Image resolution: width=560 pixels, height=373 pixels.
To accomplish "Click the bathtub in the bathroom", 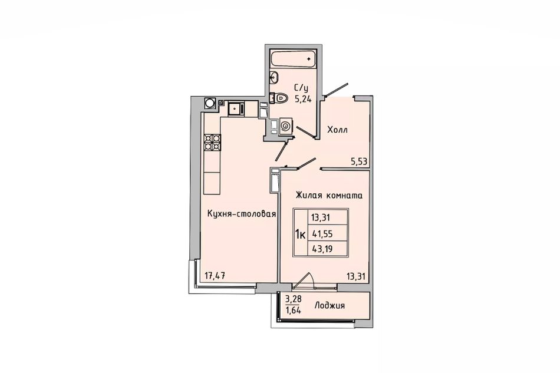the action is coord(293,59).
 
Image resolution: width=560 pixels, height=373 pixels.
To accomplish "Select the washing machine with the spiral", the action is coord(285,126).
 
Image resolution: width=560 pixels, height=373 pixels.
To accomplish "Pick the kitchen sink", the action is coord(236,108).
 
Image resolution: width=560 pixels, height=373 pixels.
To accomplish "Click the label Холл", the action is coord(338,130).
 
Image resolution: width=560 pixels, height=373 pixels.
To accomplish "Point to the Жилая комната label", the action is coord(329,195).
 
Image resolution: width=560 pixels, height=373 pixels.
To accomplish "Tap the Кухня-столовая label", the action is coord(242,214).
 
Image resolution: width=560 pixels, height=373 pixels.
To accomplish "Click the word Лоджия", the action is coord(330,306).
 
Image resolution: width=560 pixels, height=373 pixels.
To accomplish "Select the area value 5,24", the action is coord(303,100).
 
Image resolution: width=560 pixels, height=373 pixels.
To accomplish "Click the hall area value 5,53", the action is coord(359,162).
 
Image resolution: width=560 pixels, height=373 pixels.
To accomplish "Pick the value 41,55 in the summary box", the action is coord(322,234).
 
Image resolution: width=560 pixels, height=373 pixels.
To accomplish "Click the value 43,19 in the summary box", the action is coord(322,249).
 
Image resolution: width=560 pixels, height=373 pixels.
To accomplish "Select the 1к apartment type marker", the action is coord(300,235).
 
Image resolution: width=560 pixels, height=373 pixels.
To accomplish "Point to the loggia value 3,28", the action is coord(292,299).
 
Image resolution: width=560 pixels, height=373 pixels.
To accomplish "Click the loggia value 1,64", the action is coord(293,310).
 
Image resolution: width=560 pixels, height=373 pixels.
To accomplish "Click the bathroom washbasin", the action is coord(274,76).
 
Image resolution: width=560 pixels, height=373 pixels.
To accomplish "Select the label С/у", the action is coord(301,87).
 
